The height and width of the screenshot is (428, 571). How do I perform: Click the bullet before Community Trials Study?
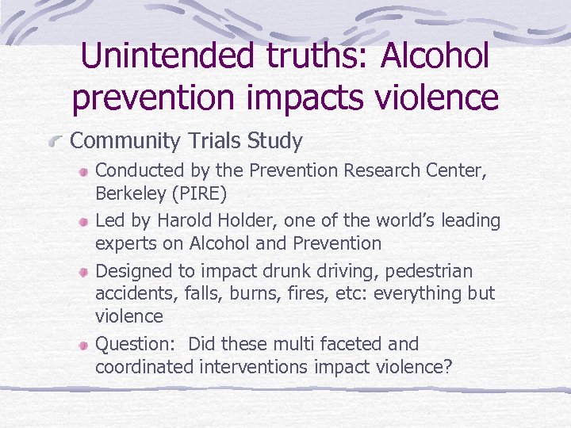coord(56,143)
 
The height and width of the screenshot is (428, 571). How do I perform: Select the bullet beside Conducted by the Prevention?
coord(83,170)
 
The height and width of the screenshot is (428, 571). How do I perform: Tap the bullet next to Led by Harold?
coord(83,221)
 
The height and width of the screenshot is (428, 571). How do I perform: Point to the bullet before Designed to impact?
coord(83,272)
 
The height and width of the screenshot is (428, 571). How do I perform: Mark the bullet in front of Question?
coord(83,346)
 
